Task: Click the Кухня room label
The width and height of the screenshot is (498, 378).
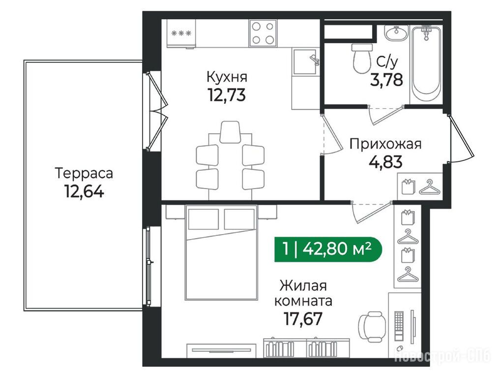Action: click(x=227, y=77)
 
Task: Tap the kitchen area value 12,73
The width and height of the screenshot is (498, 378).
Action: click(x=227, y=94)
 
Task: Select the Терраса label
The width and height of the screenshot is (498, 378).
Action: click(x=84, y=174)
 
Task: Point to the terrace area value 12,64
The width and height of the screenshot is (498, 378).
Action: click(x=84, y=191)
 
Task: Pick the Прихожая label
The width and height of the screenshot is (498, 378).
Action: click(x=385, y=144)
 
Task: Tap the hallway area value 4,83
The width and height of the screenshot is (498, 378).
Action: click(x=385, y=161)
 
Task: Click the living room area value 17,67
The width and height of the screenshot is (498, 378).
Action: click(x=303, y=319)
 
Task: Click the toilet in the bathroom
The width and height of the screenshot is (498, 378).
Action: click(x=362, y=58)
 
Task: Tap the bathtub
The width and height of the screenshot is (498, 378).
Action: click(x=426, y=61)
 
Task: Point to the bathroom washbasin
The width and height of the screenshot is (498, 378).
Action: click(x=396, y=33)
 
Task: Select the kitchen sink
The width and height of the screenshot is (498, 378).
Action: click(x=305, y=62)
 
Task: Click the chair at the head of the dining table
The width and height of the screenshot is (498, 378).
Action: click(x=230, y=132)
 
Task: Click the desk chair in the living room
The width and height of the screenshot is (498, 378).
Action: click(x=373, y=326)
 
